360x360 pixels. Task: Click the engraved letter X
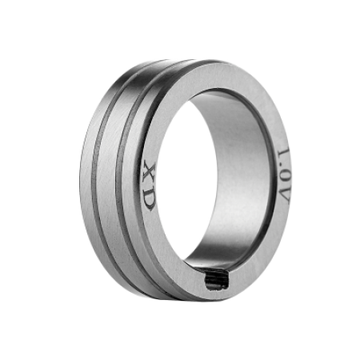(150, 172)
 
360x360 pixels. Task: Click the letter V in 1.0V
(284, 195)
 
